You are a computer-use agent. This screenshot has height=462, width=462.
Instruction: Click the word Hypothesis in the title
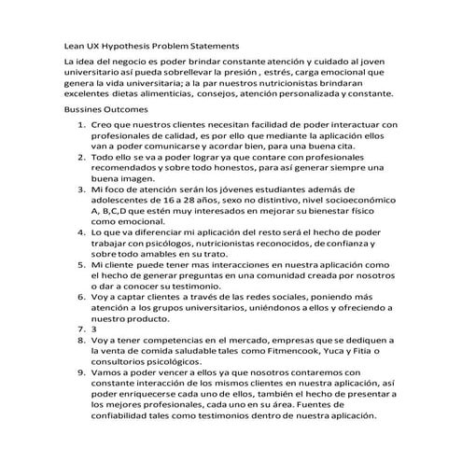[x=131, y=44]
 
